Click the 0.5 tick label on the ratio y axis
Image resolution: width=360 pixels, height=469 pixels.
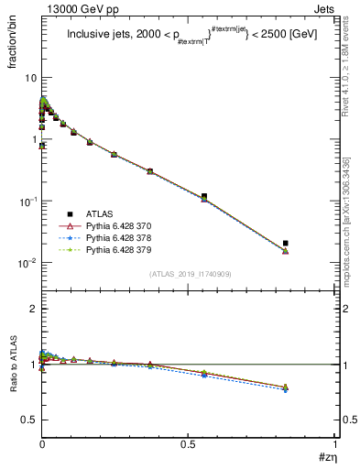click(x=28, y=420)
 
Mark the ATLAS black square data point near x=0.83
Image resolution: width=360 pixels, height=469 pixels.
click(x=286, y=243)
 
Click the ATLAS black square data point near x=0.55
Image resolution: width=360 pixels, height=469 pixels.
click(x=203, y=196)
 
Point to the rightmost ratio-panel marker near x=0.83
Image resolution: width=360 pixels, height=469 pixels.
click(x=286, y=388)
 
